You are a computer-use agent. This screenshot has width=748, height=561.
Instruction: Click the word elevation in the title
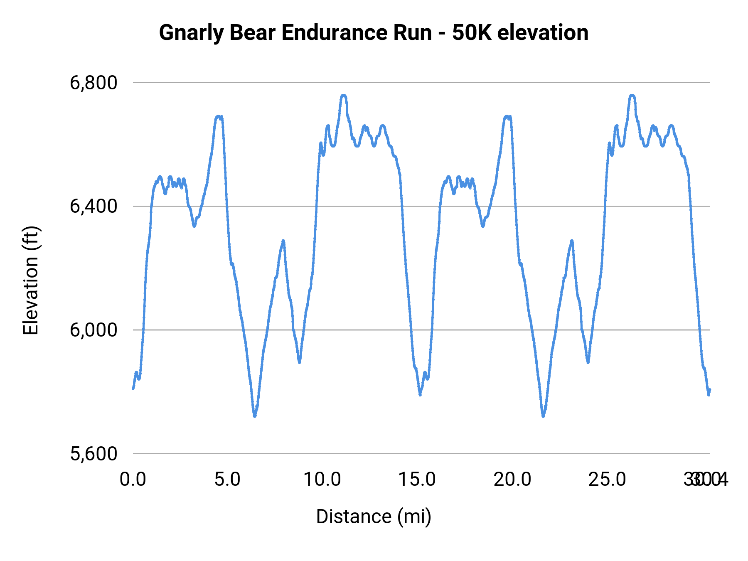tap(543, 33)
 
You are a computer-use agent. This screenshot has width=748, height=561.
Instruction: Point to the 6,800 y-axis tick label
tap(93, 83)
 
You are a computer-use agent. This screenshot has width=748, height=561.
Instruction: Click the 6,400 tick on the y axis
tap(93, 206)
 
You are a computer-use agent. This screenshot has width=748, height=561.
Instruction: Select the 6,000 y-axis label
tap(93, 330)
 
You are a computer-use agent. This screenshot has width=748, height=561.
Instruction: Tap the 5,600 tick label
tap(93, 454)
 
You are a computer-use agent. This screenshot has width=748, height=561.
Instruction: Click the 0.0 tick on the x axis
tap(133, 480)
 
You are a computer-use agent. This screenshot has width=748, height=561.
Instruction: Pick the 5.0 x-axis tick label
tap(228, 480)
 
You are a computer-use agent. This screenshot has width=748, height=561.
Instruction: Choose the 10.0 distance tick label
tap(322, 480)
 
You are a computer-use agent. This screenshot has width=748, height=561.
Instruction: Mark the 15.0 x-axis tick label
tap(417, 480)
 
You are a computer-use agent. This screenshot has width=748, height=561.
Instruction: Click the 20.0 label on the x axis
tap(512, 480)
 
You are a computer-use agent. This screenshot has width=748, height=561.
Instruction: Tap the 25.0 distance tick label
tap(607, 480)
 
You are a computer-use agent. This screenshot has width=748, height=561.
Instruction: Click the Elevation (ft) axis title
tap(31, 280)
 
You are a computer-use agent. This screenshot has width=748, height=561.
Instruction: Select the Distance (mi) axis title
tap(374, 517)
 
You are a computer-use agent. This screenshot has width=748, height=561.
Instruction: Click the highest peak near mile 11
tap(343, 96)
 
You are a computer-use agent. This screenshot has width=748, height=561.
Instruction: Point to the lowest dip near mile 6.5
tap(255, 416)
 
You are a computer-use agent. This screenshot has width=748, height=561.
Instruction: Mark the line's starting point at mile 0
tap(133, 389)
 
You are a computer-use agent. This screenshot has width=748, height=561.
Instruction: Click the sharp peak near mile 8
tap(283, 241)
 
